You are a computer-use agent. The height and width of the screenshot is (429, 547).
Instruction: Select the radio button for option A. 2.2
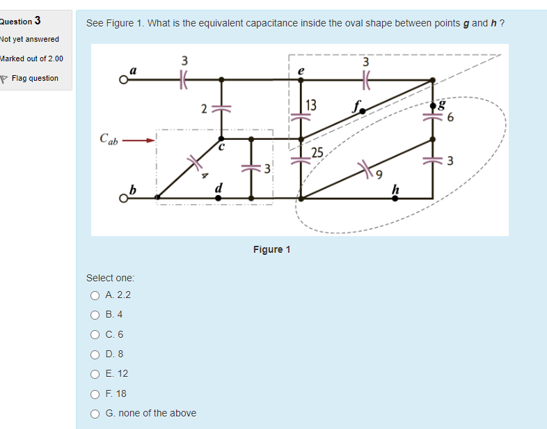[x=95, y=295]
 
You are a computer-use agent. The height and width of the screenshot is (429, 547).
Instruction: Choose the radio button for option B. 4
[x=95, y=315]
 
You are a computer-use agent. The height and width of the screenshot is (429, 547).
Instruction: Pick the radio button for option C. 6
[x=95, y=334]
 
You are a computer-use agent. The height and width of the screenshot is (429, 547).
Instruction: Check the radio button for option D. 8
[x=95, y=354]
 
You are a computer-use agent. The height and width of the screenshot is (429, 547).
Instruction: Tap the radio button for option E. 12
[x=95, y=374]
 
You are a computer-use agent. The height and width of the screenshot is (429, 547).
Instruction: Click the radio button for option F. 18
[x=95, y=393]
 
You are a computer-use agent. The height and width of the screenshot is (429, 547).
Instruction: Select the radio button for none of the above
[x=95, y=414]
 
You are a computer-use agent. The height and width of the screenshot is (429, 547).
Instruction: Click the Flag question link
[x=34, y=78]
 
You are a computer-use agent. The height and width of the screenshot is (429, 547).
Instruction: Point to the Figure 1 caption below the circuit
[x=272, y=249]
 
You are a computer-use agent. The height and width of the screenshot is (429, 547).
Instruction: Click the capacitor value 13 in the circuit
[x=311, y=105]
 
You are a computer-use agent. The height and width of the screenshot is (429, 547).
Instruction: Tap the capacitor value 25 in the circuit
[x=317, y=153]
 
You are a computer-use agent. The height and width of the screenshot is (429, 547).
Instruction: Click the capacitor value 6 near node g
[x=450, y=117]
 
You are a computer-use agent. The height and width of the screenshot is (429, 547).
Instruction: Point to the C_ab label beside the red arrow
[x=109, y=139]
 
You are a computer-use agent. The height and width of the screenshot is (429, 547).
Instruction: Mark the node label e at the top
[x=301, y=70]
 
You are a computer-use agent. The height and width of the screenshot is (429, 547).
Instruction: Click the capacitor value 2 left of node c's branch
[x=203, y=109]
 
